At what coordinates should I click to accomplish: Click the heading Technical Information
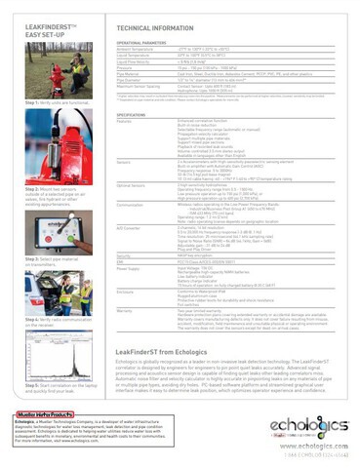click(160, 30)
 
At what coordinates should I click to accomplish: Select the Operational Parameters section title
click(139, 45)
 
